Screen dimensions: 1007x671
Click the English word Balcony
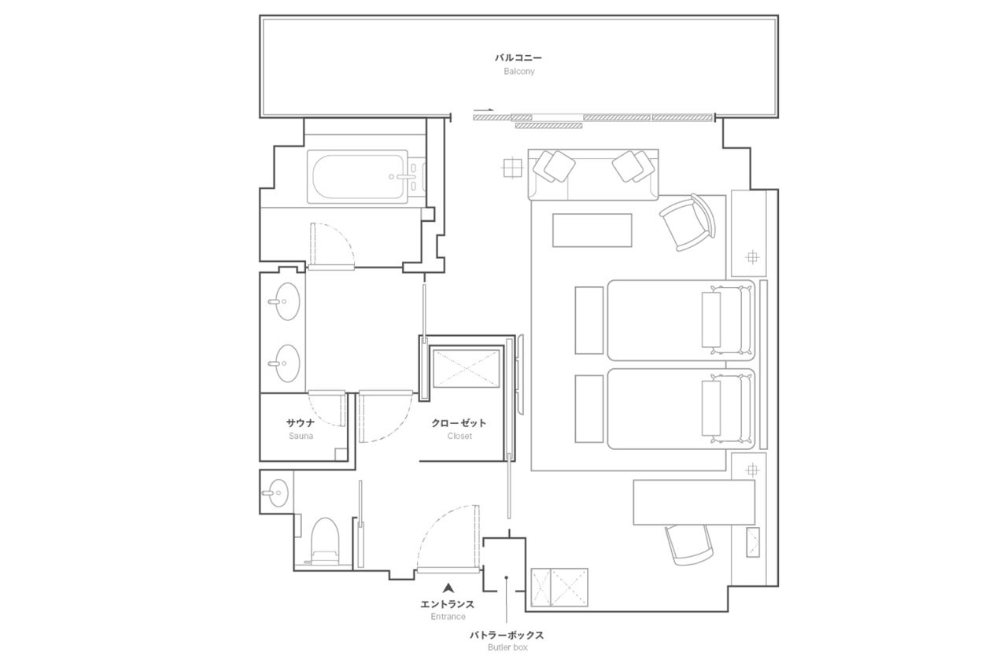point(518,72)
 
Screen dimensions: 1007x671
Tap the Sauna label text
point(301,436)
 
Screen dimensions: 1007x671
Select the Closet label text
point(459,436)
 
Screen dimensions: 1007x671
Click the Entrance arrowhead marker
point(448,588)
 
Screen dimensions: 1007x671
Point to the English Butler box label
point(507,647)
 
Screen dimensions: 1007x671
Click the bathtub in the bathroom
point(357,177)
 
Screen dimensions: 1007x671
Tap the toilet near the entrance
point(325,541)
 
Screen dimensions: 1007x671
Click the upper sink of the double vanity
point(285,301)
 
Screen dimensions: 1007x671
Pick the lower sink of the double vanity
point(285,363)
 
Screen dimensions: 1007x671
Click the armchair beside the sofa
point(688,223)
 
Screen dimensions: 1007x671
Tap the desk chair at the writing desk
point(688,544)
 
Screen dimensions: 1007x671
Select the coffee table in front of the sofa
point(592,230)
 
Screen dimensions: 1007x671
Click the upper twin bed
point(681,320)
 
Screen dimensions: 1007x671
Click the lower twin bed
point(681,409)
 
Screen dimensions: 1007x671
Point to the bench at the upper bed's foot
point(589,320)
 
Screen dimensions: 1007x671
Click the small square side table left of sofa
point(512,168)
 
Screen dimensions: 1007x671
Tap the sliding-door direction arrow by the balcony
point(483,109)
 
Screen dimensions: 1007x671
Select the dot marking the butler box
point(506,577)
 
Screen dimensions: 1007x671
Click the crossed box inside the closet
point(467,368)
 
